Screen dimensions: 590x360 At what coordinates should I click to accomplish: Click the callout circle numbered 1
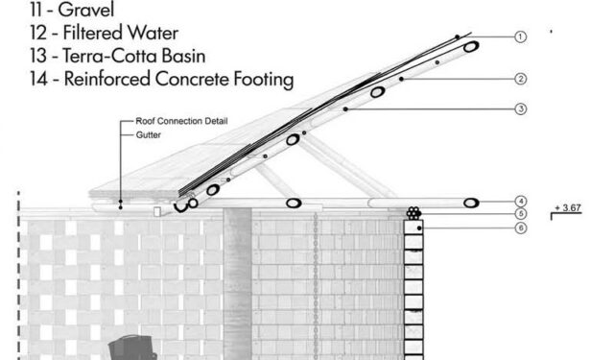point(520,36)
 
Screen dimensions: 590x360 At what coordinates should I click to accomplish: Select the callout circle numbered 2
point(520,79)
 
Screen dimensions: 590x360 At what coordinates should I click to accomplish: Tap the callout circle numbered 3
point(520,109)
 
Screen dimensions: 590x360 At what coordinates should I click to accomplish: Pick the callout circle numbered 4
point(520,202)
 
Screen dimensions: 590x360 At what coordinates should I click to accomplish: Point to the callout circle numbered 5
point(520,214)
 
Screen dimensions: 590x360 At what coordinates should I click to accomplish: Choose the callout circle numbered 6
point(520,228)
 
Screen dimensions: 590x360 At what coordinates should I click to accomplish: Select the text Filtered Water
point(121,33)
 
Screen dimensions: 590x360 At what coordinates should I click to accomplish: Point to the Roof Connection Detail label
point(181,121)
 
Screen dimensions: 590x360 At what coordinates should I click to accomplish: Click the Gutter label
point(149,134)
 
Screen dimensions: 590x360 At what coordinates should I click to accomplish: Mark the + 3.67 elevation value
point(568,208)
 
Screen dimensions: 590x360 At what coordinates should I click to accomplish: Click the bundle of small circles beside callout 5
point(413,213)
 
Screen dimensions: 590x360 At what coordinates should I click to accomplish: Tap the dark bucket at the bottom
point(131,348)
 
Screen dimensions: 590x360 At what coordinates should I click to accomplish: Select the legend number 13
point(38,56)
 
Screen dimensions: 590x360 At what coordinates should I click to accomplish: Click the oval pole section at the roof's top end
point(471,47)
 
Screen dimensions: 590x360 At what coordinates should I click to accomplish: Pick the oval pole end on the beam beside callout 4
point(471,204)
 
